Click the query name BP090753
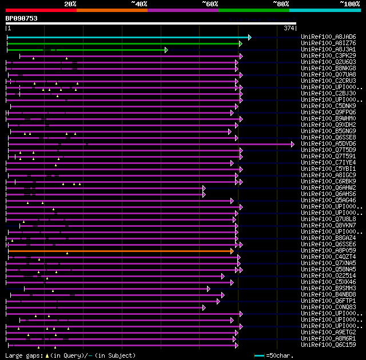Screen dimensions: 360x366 [22, 18]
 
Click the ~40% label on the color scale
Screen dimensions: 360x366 [139, 4]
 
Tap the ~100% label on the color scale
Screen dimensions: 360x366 [349, 4]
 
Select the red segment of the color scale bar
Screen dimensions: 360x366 [41, 10]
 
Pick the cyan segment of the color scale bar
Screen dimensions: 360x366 [324, 10]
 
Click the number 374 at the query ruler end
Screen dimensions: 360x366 [289, 28]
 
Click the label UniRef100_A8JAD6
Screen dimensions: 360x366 [328, 37]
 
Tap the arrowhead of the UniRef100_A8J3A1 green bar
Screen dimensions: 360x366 [166, 50]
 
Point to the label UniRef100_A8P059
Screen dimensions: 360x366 [328, 251]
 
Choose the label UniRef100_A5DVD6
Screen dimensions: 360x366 [328, 144]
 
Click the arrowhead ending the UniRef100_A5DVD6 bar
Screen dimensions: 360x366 [293, 144]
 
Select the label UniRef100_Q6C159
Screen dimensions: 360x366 [328, 345]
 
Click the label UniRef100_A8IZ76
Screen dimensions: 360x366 [328, 43]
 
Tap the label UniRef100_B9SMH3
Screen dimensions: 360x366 [328, 289]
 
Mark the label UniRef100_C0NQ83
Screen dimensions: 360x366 [328, 307]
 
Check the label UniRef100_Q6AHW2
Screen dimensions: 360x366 [328, 188]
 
